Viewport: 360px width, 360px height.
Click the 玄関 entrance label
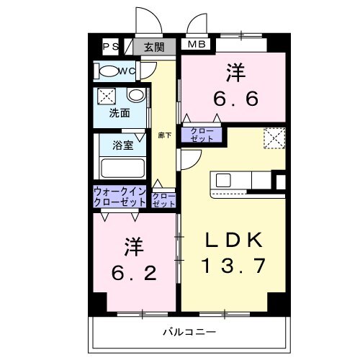point(154,48)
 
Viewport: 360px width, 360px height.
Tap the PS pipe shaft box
point(110,47)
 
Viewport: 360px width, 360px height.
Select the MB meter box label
point(197,44)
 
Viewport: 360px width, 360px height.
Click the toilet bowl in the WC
point(109,71)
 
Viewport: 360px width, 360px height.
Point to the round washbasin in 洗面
point(136,95)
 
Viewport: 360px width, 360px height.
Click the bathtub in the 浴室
point(122,168)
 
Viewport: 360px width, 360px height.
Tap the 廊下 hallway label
point(165,135)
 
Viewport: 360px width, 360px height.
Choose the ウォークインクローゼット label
point(120,197)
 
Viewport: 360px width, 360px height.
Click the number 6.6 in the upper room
point(236,99)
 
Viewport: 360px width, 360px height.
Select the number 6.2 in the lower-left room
point(134,273)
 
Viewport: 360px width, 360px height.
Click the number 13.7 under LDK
point(234,266)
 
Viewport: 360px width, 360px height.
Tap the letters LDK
point(234,240)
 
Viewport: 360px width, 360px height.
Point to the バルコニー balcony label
point(189,332)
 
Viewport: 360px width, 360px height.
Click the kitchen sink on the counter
point(223,181)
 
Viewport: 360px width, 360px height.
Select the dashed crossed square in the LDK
point(274,138)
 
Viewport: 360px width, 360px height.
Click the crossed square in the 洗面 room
point(107,96)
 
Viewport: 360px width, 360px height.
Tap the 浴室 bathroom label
point(123,145)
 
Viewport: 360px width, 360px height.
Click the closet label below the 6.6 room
point(202,135)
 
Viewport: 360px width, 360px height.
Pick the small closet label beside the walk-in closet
point(163,200)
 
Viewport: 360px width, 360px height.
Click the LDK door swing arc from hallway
point(197,162)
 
